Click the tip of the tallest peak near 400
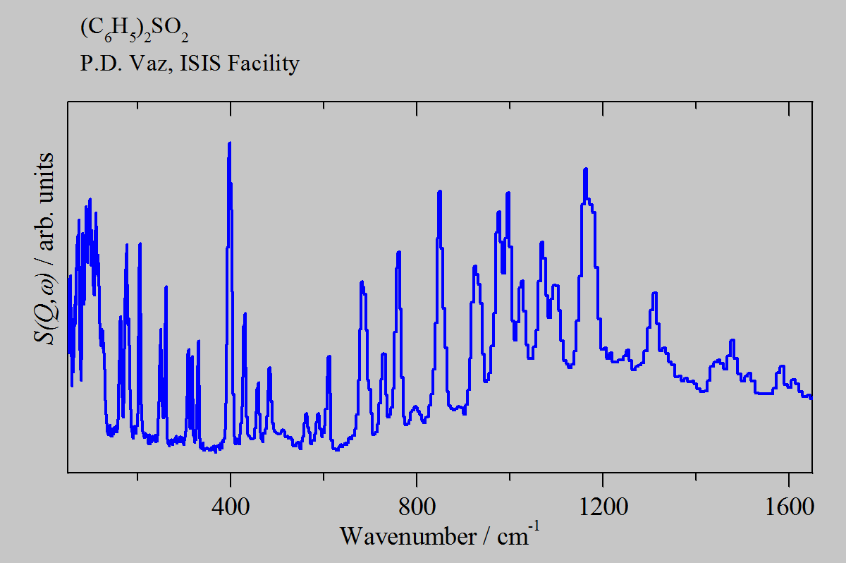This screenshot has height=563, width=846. [229, 143]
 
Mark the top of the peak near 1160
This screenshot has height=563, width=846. [585, 169]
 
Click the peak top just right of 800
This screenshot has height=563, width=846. [439, 192]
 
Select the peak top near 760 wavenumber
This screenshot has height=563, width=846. [398, 253]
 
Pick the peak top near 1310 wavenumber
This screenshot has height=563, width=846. [655, 293]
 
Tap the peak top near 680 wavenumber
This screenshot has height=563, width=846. [362, 282]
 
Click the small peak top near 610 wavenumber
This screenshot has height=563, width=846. [329, 356]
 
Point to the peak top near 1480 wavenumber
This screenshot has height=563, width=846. [732, 341]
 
